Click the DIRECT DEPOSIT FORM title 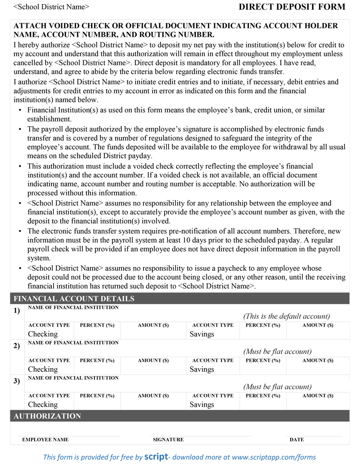(x=292, y=7)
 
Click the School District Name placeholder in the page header (x=51, y=7)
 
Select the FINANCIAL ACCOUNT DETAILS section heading (x=74, y=299)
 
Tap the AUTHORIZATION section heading (x=47, y=416)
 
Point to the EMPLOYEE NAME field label (x=45, y=440)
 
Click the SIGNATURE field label (x=168, y=440)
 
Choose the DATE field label (x=297, y=440)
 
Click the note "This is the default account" (x=287, y=316)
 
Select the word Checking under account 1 (x=43, y=334)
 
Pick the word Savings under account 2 (x=202, y=369)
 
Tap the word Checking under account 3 (x=43, y=405)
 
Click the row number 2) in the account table (x=17, y=346)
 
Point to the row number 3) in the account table (x=17, y=381)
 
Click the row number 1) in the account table (x=17, y=311)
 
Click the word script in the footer (x=156, y=457)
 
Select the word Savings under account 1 (x=202, y=334)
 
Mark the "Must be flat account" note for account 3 (x=277, y=387)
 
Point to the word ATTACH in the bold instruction (x=29, y=26)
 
